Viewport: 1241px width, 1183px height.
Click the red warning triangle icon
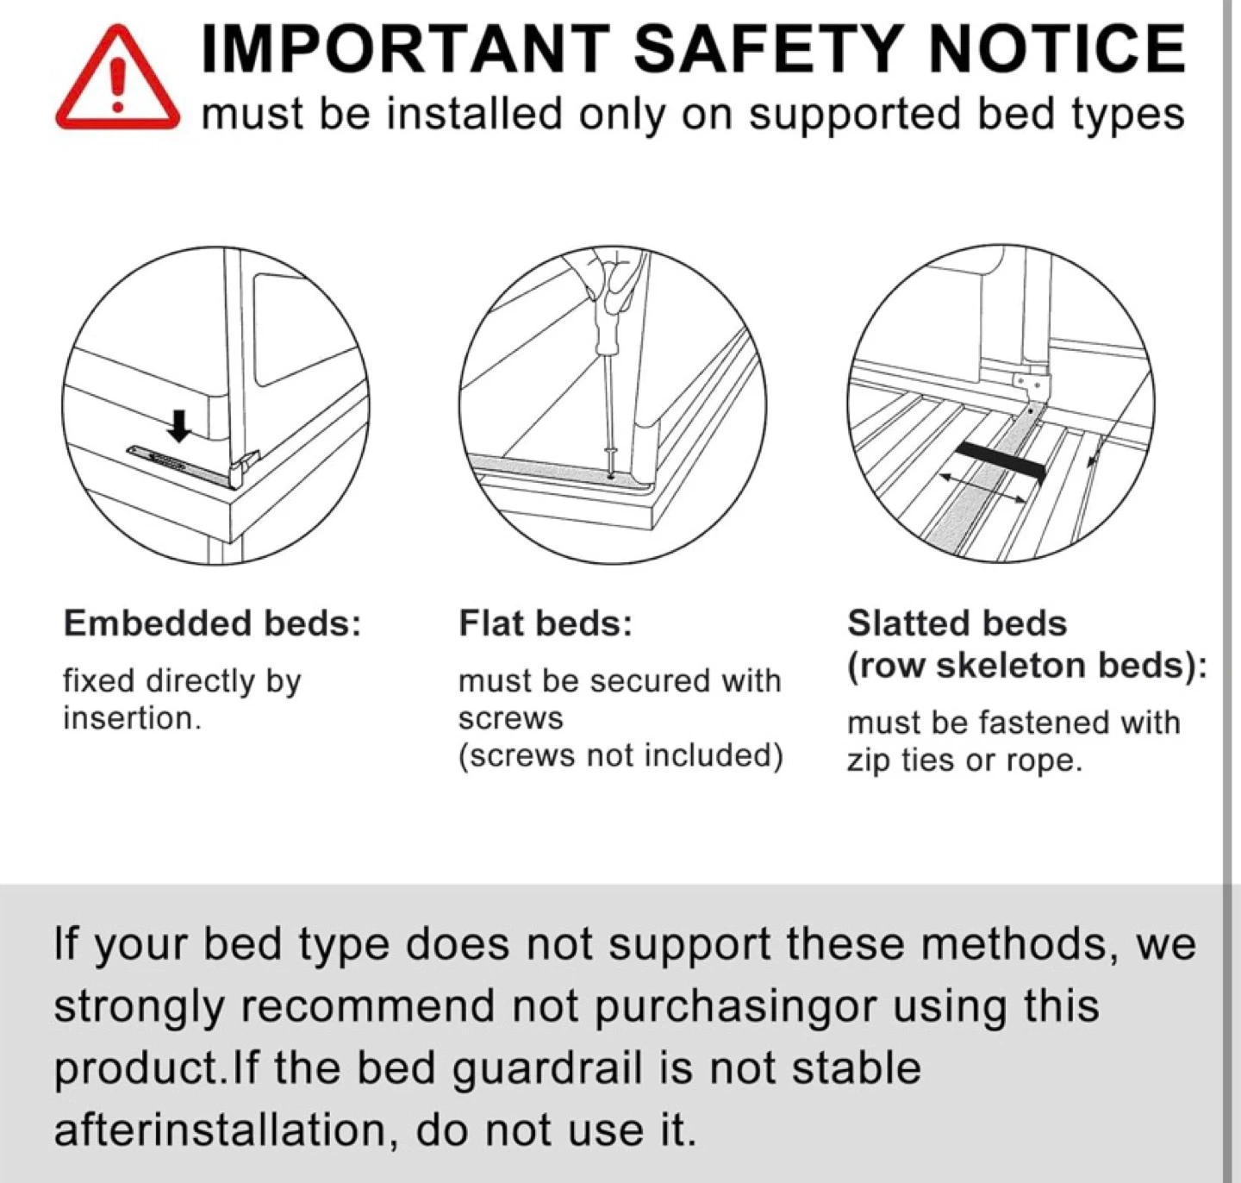117,78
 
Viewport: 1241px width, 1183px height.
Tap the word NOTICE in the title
1057,48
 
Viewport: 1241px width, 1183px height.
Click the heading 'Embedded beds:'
213,623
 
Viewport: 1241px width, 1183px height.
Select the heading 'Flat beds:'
546,623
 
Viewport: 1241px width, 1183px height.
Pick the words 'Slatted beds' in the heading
957,623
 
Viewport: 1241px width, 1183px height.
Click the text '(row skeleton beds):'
1027,666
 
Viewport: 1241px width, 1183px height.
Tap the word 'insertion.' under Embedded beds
132,718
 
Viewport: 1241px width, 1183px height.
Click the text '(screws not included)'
621,755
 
